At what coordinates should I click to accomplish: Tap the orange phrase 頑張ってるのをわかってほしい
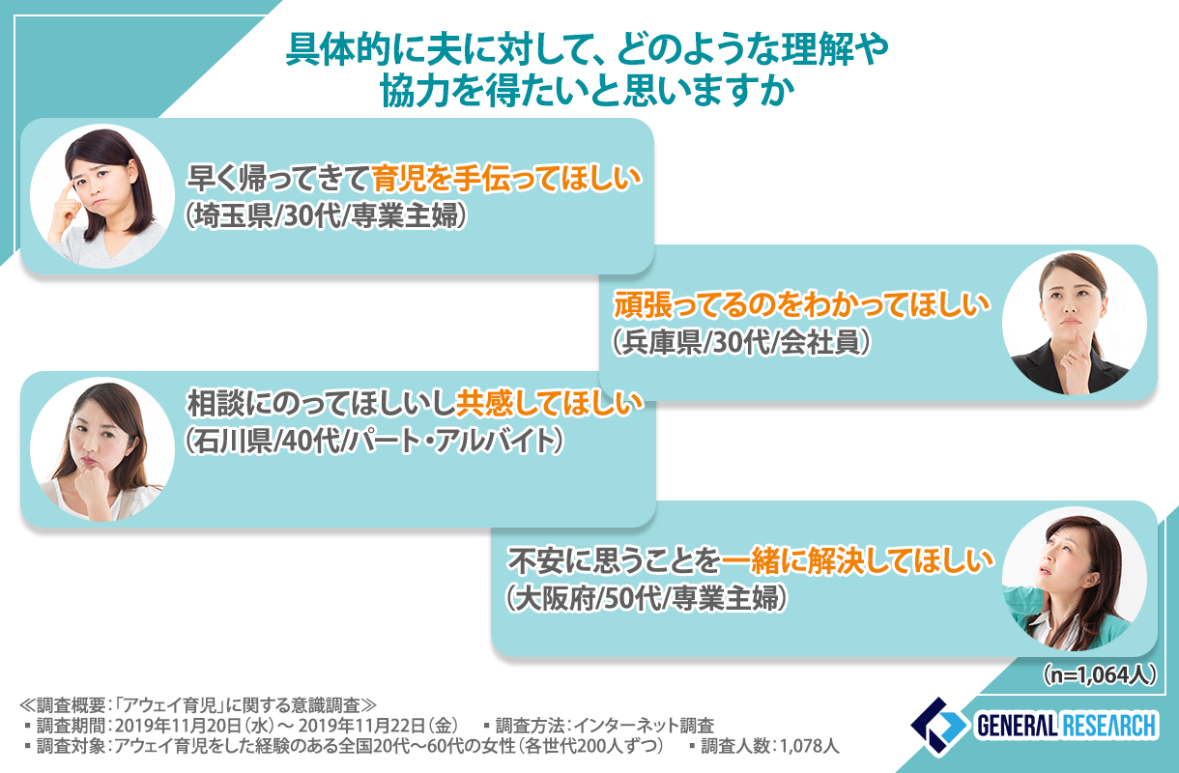coord(803,305)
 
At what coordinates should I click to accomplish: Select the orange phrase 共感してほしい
coord(550,404)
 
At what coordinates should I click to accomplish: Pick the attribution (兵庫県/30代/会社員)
coord(742,342)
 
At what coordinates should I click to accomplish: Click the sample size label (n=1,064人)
coord(1097,674)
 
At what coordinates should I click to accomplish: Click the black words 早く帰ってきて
coord(278,179)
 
